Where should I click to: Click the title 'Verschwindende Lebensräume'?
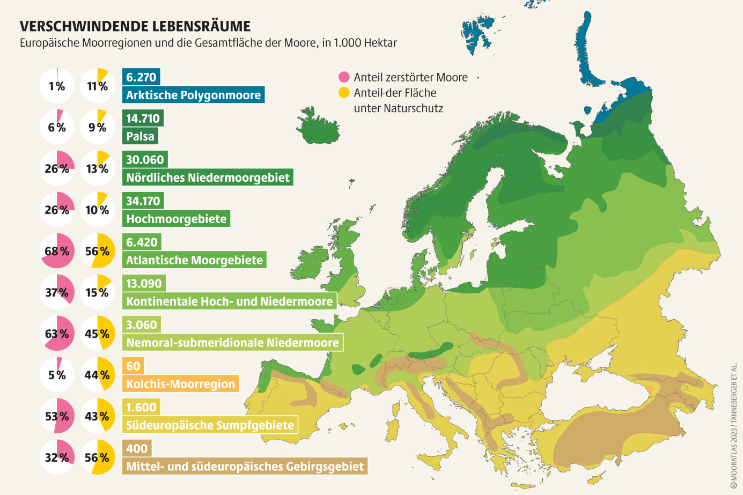[135, 26]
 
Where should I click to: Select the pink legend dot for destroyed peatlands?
[344, 77]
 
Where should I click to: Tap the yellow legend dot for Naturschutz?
[344, 93]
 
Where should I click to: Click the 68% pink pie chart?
[57, 251]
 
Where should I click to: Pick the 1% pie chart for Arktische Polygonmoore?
[57, 86]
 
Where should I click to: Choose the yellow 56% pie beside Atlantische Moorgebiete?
[98, 251]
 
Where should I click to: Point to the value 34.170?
[143, 201]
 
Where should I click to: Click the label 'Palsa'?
[140, 136]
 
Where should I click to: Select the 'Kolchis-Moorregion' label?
[180, 384]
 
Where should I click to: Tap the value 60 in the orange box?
[133, 366]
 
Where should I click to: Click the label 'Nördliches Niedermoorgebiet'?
[208, 178]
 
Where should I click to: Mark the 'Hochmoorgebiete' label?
[176, 219]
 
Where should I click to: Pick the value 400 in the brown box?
[137, 449]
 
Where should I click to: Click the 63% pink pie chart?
[57, 334]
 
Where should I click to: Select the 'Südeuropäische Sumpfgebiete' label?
[210, 425]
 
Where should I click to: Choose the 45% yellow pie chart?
[98, 334]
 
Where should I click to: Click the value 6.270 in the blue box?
[141, 77]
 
